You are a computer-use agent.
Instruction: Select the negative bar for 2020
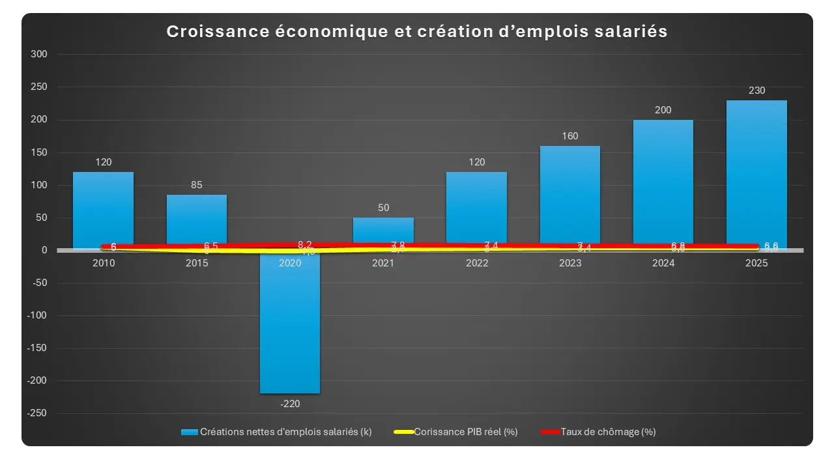coord(290,326)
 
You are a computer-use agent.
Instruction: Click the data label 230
coord(756,91)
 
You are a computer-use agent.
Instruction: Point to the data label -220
coord(290,404)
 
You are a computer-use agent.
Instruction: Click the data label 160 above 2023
coord(570,136)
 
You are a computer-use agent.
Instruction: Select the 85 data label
coord(197,185)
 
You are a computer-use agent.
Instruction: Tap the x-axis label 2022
coord(477,263)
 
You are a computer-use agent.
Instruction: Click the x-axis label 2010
coord(104,263)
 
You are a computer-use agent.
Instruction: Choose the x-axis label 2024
coord(663,263)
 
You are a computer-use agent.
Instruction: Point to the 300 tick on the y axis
coord(39,55)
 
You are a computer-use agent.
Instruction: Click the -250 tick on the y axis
coord(38,413)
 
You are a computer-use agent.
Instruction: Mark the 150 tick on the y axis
coord(39,152)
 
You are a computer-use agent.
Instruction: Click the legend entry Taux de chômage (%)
coord(607,432)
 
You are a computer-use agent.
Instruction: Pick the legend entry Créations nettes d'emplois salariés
coord(285,432)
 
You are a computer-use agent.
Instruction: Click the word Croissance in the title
coord(212,32)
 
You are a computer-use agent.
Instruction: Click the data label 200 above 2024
coord(663,110)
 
